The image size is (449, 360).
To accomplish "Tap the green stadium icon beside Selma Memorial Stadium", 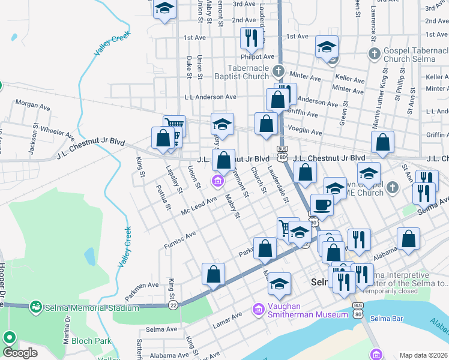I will [36, 308].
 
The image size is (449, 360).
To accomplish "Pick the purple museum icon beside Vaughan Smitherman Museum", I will [259, 309].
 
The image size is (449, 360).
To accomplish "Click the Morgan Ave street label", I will [32, 105].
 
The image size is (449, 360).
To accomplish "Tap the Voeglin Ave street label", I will [306, 133].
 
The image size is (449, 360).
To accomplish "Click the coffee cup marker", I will [322, 205].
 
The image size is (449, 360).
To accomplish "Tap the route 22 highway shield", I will [173, 305].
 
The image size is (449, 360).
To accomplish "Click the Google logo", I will [19, 353].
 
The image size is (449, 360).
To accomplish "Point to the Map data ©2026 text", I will [423, 355].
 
